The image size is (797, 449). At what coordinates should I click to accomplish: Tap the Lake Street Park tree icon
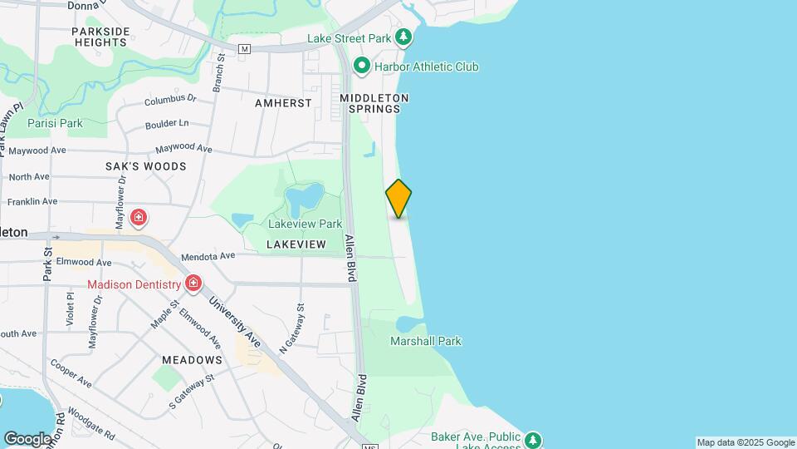click(x=403, y=37)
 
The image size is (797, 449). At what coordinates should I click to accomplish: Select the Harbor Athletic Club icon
click(x=361, y=66)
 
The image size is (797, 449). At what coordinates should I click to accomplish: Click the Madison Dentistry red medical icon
click(x=193, y=284)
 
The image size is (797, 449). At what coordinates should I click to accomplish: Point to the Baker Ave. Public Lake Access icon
click(x=533, y=438)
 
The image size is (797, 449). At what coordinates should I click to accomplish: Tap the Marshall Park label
click(x=426, y=341)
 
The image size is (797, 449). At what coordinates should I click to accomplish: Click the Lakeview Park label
click(x=305, y=224)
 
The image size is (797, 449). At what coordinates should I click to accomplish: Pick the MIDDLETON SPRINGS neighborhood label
click(x=374, y=103)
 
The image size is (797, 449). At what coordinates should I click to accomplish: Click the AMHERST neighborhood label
click(x=284, y=103)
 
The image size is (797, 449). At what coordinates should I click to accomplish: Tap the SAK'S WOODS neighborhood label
click(x=145, y=166)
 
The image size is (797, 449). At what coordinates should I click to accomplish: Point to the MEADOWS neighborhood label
click(x=192, y=360)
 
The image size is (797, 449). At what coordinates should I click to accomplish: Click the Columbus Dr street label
click(x=169, y=99)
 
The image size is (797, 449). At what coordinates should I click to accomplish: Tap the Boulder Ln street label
click(x=167, y=123)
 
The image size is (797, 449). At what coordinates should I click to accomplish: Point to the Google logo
click(x=27, y=438)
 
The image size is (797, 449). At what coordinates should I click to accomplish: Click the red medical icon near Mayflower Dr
click(x=139, y=219)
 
